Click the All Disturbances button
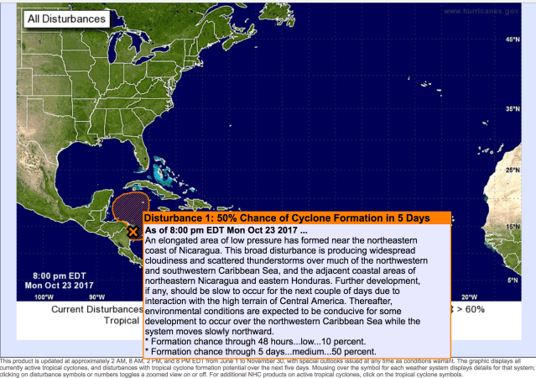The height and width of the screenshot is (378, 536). point(65,18)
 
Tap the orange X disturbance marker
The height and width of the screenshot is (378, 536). point(133,231)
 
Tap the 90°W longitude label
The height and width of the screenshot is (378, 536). point(97,297)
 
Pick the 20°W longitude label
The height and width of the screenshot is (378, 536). point(467,297)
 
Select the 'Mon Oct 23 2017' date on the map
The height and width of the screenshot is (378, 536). point(59,285)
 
